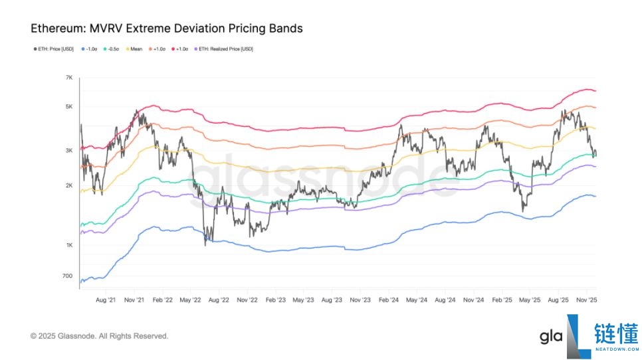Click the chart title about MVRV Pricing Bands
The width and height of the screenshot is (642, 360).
(x=167, y=29)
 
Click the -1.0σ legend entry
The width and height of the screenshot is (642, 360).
(x=90, y=49)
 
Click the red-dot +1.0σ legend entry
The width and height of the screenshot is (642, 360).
(x=181, y=49)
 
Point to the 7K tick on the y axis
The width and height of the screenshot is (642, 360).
(x=69, y=78)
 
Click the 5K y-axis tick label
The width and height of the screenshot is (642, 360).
(x=69, y=107)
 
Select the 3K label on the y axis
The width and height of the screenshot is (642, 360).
(x=69, y=151)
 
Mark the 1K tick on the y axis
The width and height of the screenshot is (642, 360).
(x=69, y=246)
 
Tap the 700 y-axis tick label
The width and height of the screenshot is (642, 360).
(x=68, y=276)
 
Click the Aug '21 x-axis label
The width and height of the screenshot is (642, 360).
(x=106, y=300)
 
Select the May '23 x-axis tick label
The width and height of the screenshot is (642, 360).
(x=303, y=300)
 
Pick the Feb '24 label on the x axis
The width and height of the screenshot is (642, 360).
(x=388, y=300)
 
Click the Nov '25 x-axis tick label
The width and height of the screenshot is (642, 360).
(x=585, y=300)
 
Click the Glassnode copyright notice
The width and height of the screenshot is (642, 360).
(x=99, y=336)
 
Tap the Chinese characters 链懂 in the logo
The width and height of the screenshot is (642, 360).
(x=615, y=333)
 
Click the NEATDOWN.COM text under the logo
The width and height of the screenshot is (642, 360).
(x=615, y=349)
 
